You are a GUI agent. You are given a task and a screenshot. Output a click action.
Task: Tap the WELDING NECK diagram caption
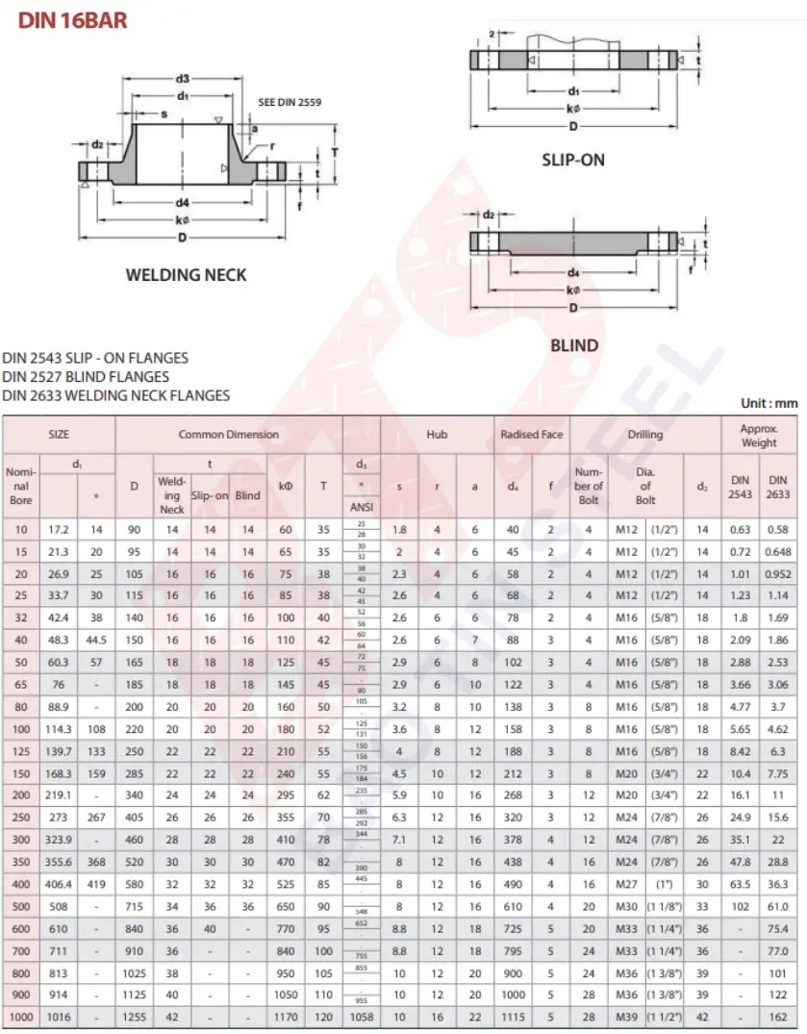(x=186, y=275)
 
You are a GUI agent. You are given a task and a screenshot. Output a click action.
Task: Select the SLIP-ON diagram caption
(x=573, y=160)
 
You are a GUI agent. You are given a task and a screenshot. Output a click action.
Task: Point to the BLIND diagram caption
(x=573, y=345)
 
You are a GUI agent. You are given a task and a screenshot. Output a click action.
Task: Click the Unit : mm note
(x=769, y=403)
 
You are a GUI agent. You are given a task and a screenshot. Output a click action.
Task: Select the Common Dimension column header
(x=229, y=435)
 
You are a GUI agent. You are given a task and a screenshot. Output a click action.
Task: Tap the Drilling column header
(x=645, y=435)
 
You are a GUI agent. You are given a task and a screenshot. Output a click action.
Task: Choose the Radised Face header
(x=532, y=435)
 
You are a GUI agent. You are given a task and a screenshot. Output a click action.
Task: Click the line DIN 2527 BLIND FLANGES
(x=86, y=376)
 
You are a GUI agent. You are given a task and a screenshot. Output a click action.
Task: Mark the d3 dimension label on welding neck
(x=181, y=78)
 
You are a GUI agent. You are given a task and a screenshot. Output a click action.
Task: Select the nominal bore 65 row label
(x=21, y=684)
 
